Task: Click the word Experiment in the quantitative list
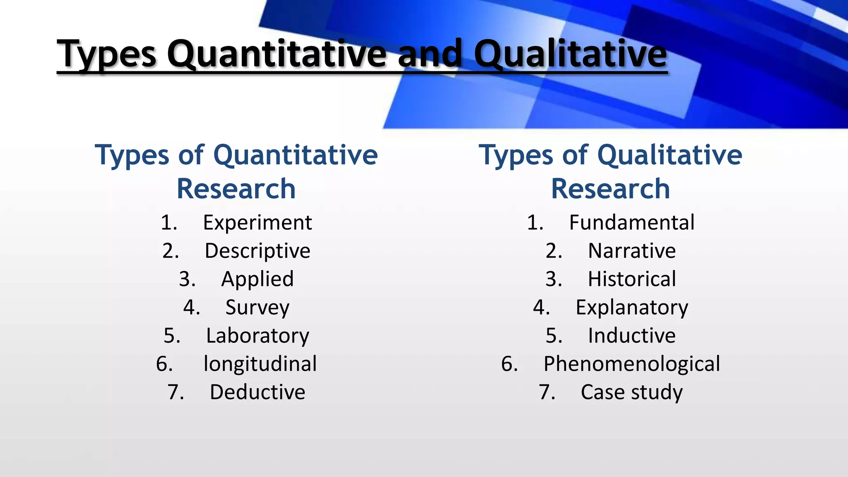tap(257, 223)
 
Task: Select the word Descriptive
tap(257, 251)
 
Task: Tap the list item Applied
tap(257, 279)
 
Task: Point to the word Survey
tap(257, 308)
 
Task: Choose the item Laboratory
tap(257, 336)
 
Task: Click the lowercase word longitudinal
tap(260, 364)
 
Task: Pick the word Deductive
tap(257, 392)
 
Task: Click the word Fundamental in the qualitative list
tap(631, 223)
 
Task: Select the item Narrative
tap(631, 251)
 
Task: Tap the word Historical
tap(631, 279)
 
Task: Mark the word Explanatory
tap(631, 308)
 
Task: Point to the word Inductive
tap(631, 336)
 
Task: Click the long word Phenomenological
tap(631, 364)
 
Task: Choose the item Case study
tap(631, 392)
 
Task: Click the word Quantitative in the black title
tap(276, 54)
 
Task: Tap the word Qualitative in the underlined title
tap(570, 54)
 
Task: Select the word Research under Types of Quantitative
tap(236, 189)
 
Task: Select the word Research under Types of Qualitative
tap(610, 189)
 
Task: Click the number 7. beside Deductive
tap(176, 392)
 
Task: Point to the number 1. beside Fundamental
tap(535, 223)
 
